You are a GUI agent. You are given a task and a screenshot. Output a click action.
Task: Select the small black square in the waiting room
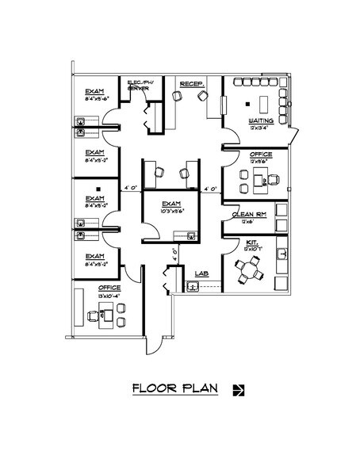pos(247,103)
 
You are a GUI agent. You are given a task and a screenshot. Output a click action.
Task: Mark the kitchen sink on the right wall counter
pos(281,254)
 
